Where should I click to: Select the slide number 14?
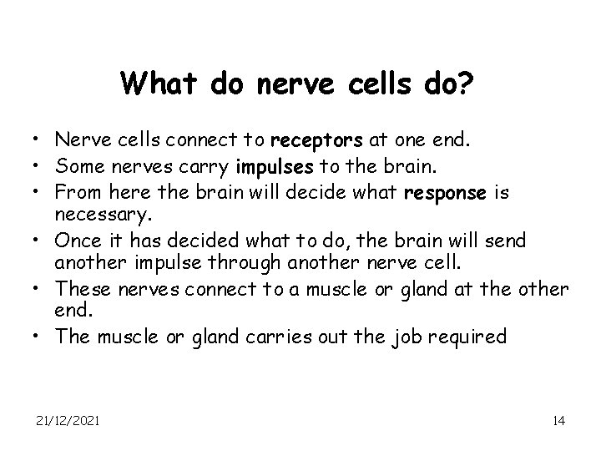tap(558, 420)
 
